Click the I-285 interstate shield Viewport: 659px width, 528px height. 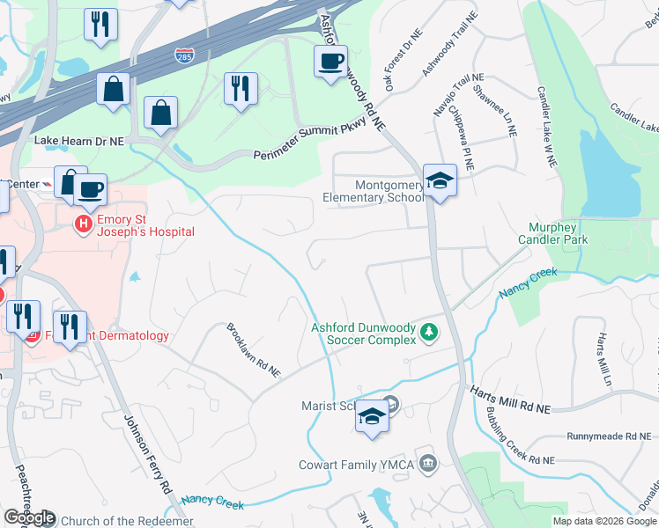point(185,55)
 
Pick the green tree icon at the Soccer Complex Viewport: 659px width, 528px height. point(429,332)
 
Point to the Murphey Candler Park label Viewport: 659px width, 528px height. point(552,233)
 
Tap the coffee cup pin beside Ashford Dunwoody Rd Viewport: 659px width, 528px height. point(330,62)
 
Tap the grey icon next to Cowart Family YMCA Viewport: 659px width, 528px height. point(428,463)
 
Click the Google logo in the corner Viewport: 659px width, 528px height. point(28,517)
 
